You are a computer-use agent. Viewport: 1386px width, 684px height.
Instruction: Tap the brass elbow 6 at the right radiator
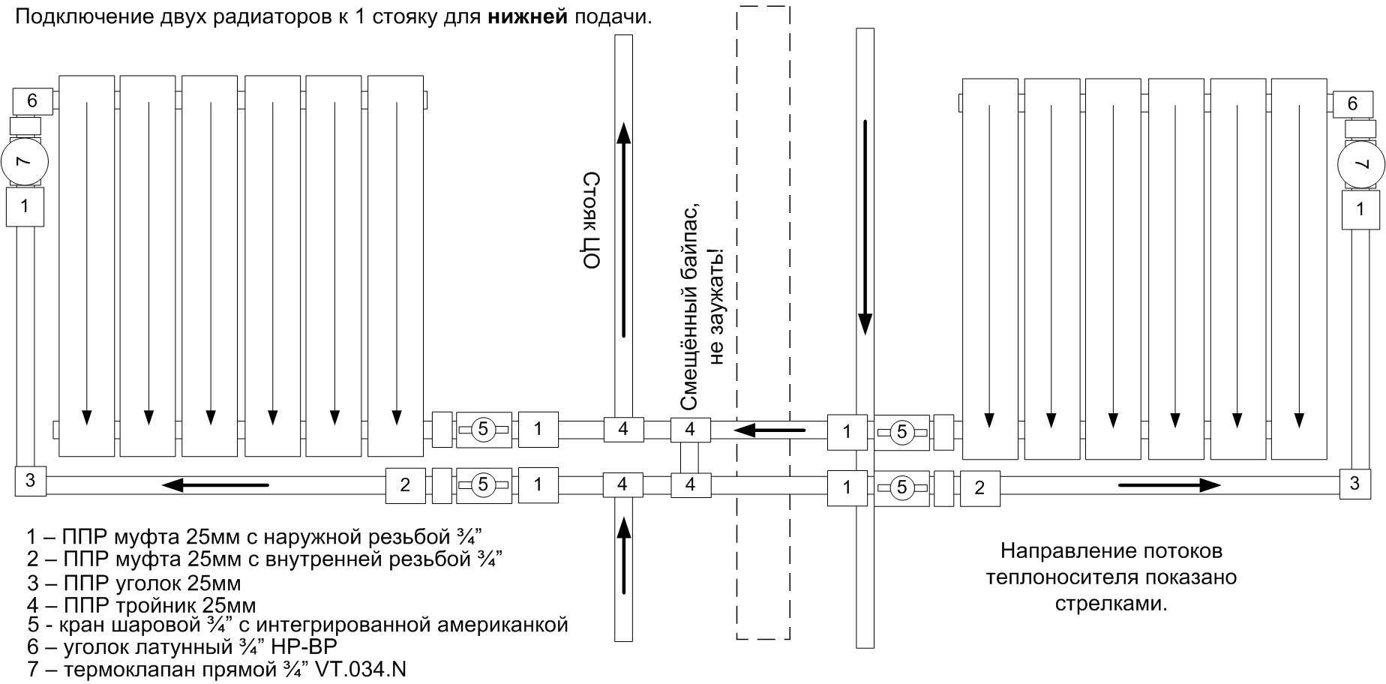(1352, 103)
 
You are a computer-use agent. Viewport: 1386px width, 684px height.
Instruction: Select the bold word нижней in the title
(528, 16)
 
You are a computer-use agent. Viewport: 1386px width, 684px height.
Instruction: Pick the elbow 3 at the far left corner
(30, 481)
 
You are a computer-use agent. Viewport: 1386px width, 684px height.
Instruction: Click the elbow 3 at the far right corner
(1354, 484)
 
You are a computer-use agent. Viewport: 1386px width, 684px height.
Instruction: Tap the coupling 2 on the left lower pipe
(405, 484)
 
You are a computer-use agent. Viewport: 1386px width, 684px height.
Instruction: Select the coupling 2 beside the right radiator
(979, 487)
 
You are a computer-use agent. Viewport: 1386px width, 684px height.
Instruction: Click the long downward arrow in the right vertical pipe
(865, 225)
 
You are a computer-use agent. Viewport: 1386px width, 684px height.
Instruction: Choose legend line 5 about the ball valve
(297, 625)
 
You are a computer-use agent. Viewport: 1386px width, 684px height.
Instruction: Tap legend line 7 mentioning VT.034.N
(217, 669)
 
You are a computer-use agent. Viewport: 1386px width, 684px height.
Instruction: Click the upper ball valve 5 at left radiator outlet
(483, 429)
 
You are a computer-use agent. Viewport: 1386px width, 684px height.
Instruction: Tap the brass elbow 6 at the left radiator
(31, 100)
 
